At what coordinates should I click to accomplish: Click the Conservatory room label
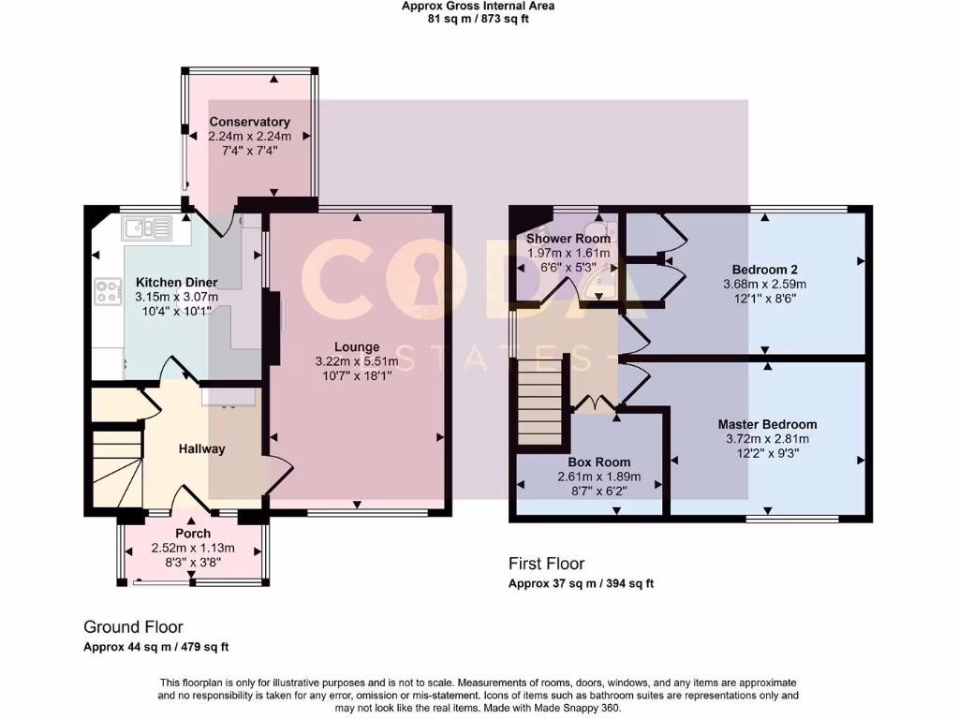tap(249, 122)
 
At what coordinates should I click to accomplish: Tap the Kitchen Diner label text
tap(177, 283)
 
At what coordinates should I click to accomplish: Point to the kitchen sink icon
tap(145, 227)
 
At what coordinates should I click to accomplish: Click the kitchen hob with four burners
tap(107, 292)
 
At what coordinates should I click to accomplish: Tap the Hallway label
tap(202, 449)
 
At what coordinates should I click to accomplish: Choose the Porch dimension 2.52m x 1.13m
tap(193, 549)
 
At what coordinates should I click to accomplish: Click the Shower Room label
tap(568, 239)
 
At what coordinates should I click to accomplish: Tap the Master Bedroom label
tap(767, 424)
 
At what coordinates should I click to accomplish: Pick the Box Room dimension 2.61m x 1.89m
tap(598, 477)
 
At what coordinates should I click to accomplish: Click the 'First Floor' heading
tap(546, 564)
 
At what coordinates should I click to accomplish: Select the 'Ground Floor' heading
tap(133, 627)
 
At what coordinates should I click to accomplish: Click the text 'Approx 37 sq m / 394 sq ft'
tap(581, 583)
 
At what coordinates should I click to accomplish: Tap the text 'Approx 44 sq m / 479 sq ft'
tap(156, 647)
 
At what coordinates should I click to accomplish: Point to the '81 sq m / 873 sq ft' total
tap(479, 18)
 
